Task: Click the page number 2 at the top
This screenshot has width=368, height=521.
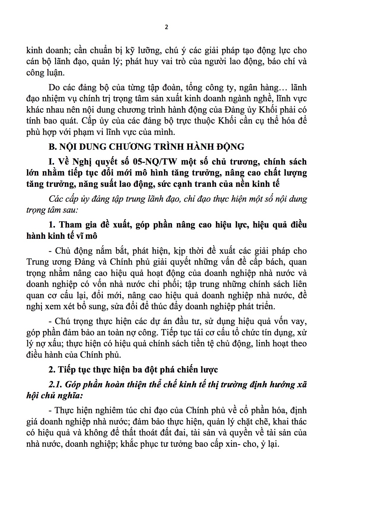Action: [x=166, y=27]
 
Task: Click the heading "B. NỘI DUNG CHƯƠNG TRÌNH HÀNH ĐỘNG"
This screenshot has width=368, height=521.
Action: [x=146, y=147]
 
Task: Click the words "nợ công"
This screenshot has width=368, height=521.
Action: [x=152, y=332]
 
